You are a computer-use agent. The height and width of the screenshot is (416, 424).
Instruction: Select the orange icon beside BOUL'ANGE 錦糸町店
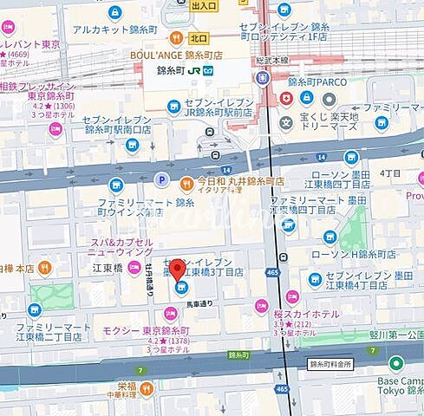(x=176, y=38)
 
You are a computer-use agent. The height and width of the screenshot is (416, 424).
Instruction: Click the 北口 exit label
(x=200, y=38)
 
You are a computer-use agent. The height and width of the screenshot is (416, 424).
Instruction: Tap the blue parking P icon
(x=160, y=179)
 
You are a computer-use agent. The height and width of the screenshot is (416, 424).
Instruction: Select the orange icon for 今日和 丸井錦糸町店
(x=186, y=183)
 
